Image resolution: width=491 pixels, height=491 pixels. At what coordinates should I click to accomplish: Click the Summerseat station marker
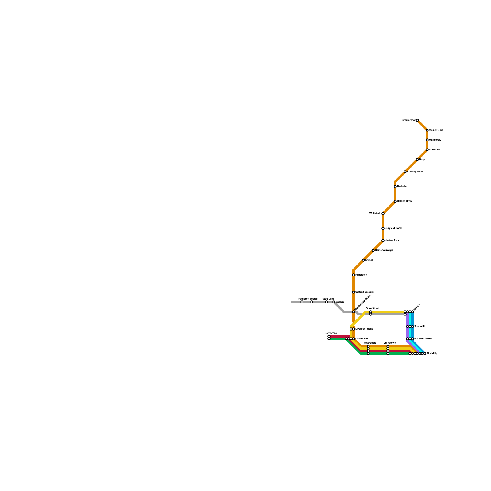click(417, 120)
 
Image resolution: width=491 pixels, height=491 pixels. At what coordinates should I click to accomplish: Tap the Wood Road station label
click(435, 130)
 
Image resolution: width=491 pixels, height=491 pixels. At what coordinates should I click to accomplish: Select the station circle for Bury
click(417, 160)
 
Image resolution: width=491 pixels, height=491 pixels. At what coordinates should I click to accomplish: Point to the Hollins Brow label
click(404, 201)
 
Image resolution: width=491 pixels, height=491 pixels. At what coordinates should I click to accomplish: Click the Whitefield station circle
click(383, 214)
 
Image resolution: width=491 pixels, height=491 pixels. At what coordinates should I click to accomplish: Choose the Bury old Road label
click(393, 228)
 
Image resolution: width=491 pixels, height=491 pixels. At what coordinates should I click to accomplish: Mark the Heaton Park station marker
click(383, 241)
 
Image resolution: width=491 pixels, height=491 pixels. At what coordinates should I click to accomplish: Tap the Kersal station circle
click(363, 260)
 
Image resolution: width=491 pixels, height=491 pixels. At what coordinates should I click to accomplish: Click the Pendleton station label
click(361, 275)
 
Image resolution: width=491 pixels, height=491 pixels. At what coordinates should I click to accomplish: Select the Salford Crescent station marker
click(354, 292)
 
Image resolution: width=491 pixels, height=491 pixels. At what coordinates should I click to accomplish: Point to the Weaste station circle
click(334, 302)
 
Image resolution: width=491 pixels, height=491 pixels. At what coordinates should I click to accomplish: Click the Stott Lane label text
click(328, 299)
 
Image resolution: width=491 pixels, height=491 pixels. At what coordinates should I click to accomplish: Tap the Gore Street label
click(372, 308)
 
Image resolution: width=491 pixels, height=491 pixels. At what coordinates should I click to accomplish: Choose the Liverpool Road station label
click(364, 329)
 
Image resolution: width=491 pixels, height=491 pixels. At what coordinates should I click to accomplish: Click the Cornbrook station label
click(331, 333)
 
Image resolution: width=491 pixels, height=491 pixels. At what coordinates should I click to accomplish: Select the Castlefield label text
click(361, 339)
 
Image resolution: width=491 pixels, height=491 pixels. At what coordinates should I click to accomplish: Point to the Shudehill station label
click(419, 327)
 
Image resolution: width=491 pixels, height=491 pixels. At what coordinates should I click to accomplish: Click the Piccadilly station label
click(432, 354)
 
